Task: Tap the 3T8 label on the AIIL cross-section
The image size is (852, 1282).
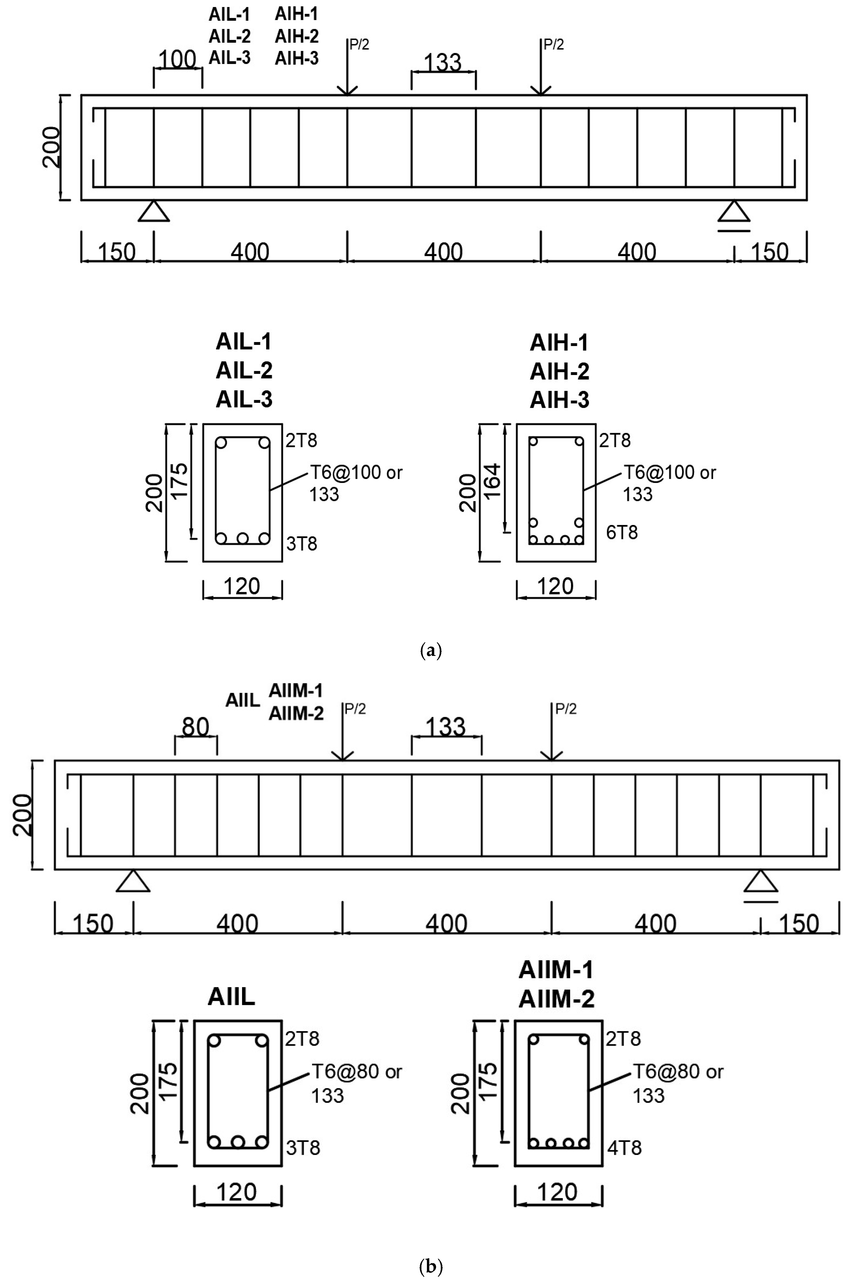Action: click(x=303, y=1148)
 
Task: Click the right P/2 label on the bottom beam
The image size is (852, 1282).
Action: click(x=566, y=709)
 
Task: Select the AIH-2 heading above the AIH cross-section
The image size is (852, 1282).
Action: click(x=559, y=371)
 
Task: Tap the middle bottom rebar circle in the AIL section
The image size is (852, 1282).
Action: click(x=242, y=538)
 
